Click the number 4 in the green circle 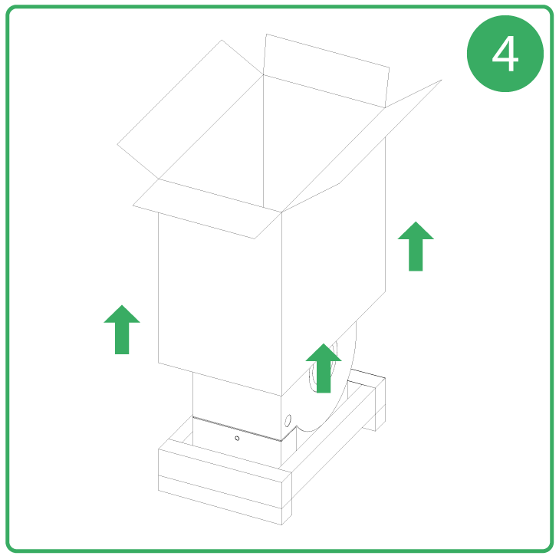pyautogui.click(x=505, y=54)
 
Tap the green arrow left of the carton pyautogui.click(x=122, y=330)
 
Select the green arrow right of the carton pyautogui.click(x=416, y=246)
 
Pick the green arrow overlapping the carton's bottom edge pyautogui.click(x=324, y=368)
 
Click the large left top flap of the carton pyautogui.click(x=190, y=110)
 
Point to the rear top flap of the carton pyautogui.click(x=326, y=71)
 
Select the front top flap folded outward pyautogui.click(x=207, y=209)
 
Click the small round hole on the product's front pyautogui.click(x=237, y=439)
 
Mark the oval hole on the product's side pyautogui.click(x=288, y=421)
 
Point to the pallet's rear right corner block pyautogui.click(x=374, y=403)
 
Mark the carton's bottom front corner pyautogui.click(x=281, y=396)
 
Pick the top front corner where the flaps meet pyautogui.click(x=281, y=212)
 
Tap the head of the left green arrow pyautogui.click(x=122, y=315)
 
